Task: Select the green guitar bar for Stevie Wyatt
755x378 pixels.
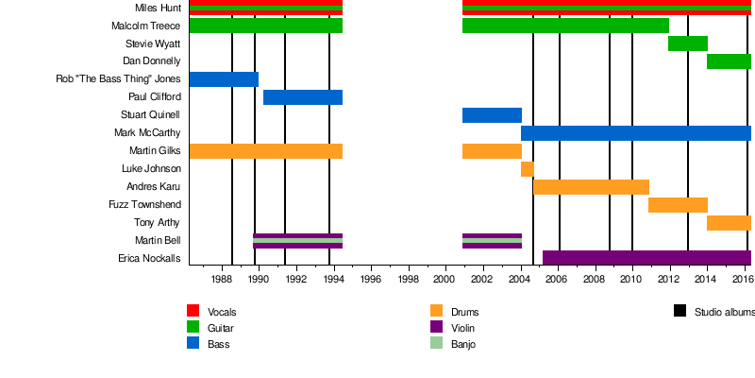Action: [687, 43]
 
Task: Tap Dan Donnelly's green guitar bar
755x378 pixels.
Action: [729, 61]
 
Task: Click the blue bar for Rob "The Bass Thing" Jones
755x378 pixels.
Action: [224, 79]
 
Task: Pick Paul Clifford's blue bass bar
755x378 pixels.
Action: [302, 97]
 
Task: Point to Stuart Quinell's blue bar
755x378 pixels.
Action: [492, 115]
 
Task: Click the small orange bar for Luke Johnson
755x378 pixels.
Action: [527, 169]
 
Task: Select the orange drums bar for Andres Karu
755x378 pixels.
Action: [591, 187]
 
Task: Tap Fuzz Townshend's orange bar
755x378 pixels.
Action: [678, 205]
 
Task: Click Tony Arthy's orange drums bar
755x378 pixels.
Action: [729, 223]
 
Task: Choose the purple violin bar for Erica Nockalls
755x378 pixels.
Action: [646, 258]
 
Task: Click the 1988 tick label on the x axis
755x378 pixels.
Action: [222, 280]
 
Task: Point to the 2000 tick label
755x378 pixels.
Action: [445, 280]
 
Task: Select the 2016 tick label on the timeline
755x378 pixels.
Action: [742, 280]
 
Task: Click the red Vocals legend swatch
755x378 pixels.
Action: [193, 311]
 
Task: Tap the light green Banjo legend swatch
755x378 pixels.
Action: [436, 344]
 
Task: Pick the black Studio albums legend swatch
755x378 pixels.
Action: [679, 311]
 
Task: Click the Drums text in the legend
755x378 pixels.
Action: [464, 312]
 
